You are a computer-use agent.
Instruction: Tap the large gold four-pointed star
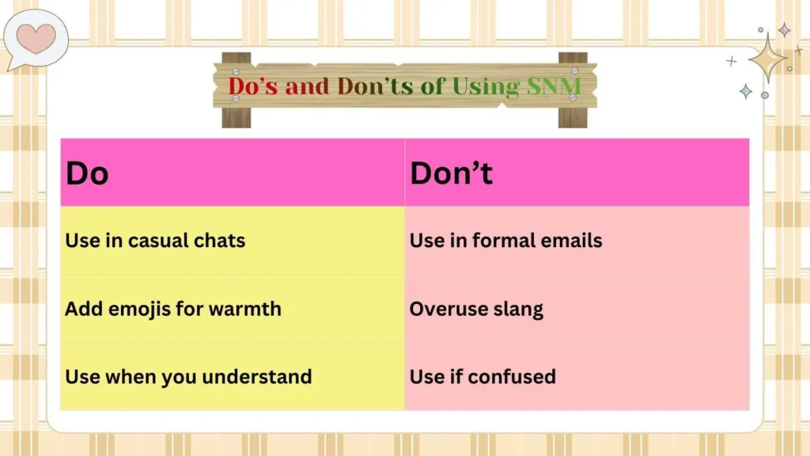766,59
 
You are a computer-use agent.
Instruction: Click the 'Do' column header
87,173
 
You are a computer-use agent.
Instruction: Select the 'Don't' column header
451,173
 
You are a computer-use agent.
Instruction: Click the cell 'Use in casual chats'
155,241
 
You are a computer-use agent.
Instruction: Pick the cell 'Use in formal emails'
505,241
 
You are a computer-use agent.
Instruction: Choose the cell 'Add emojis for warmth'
172,309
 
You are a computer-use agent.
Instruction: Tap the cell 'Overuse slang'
476,309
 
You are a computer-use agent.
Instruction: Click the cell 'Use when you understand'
188,377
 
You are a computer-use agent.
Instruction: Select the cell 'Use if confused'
483,377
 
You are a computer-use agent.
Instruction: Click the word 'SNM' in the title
553,86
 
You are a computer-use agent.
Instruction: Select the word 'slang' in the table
517,309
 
